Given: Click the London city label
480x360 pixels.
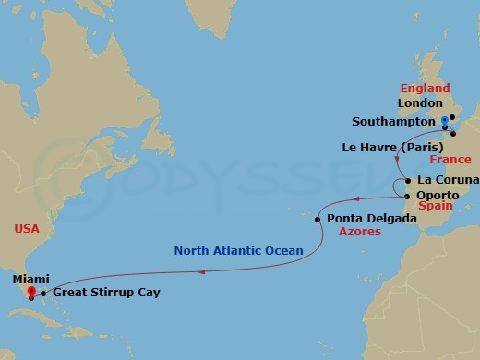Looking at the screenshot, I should [420, 103].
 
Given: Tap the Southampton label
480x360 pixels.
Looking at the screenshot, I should [393, 121].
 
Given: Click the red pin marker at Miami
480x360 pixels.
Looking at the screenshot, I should [30, 291].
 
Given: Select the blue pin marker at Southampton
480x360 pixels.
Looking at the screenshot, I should [444, 120].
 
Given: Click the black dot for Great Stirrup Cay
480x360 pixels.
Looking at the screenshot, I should [43, 293].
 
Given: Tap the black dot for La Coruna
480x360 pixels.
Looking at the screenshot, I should [407, 179].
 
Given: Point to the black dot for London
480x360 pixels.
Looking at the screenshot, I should [451, 116].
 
